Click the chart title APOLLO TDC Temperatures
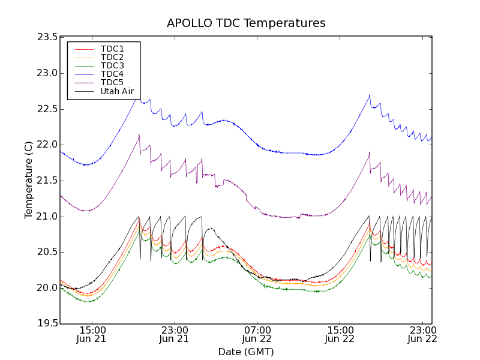tap(246, 23)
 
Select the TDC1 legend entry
tap(112, 49)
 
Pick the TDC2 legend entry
tap(112, 57)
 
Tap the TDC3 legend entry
tap(112, 65)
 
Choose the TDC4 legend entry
tap(112, 74)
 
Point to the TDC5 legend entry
tap(112, 82)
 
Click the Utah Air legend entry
tap(117, 91)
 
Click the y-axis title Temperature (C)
tap(29, 180)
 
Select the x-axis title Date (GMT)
tap(246, 352)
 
